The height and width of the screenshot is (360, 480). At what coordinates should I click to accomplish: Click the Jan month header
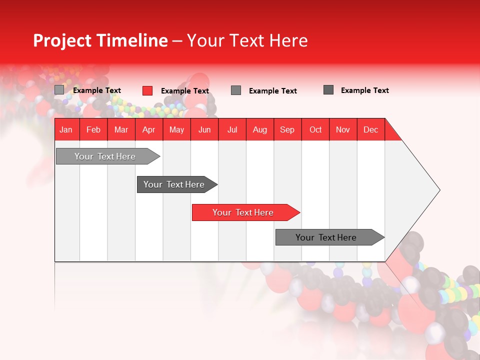[x=66, y=129]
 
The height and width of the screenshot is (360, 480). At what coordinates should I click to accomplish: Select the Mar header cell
[x=121, y=129]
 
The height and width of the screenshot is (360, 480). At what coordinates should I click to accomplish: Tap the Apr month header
[x=148, y=129]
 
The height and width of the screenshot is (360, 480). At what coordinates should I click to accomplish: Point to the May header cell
[x=176, y=129]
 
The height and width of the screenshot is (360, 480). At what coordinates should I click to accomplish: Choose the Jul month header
[x=232, y=129]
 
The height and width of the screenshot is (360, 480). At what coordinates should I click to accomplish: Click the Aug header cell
[x=259, y=129]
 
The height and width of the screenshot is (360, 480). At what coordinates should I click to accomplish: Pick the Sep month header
[x=287, y=129]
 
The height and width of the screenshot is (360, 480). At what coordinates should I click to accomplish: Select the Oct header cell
[x=315, y=129]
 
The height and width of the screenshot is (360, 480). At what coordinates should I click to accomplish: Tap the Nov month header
[x=342, y=129]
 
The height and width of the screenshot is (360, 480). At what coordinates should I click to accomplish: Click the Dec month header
[x=370, y=129]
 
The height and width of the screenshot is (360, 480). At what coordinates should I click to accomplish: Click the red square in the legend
[x=147, y=90]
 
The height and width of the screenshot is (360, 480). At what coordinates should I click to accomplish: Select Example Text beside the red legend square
[x=184, y=91]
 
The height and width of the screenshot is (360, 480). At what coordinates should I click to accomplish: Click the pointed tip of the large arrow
[x=438, y=189]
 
